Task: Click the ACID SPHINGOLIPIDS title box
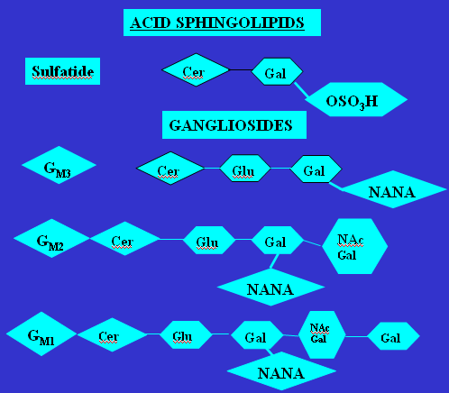222,23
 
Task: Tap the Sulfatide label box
62,71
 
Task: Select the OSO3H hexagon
356,99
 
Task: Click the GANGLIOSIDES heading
234,125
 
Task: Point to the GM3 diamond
59,165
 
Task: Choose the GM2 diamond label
51,238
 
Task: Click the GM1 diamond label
41,334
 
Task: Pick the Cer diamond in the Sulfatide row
196,70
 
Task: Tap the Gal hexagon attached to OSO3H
277,71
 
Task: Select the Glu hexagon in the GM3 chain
245,169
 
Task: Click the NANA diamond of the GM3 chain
393,189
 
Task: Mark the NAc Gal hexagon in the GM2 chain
354,246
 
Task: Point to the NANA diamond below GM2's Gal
270,288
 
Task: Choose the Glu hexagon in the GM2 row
209,240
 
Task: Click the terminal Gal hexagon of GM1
393,336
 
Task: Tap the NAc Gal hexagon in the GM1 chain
322,334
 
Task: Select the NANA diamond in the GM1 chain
281,371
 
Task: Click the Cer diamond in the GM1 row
113,334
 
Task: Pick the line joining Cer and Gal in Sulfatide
241,70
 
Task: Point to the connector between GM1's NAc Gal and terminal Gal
356,336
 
